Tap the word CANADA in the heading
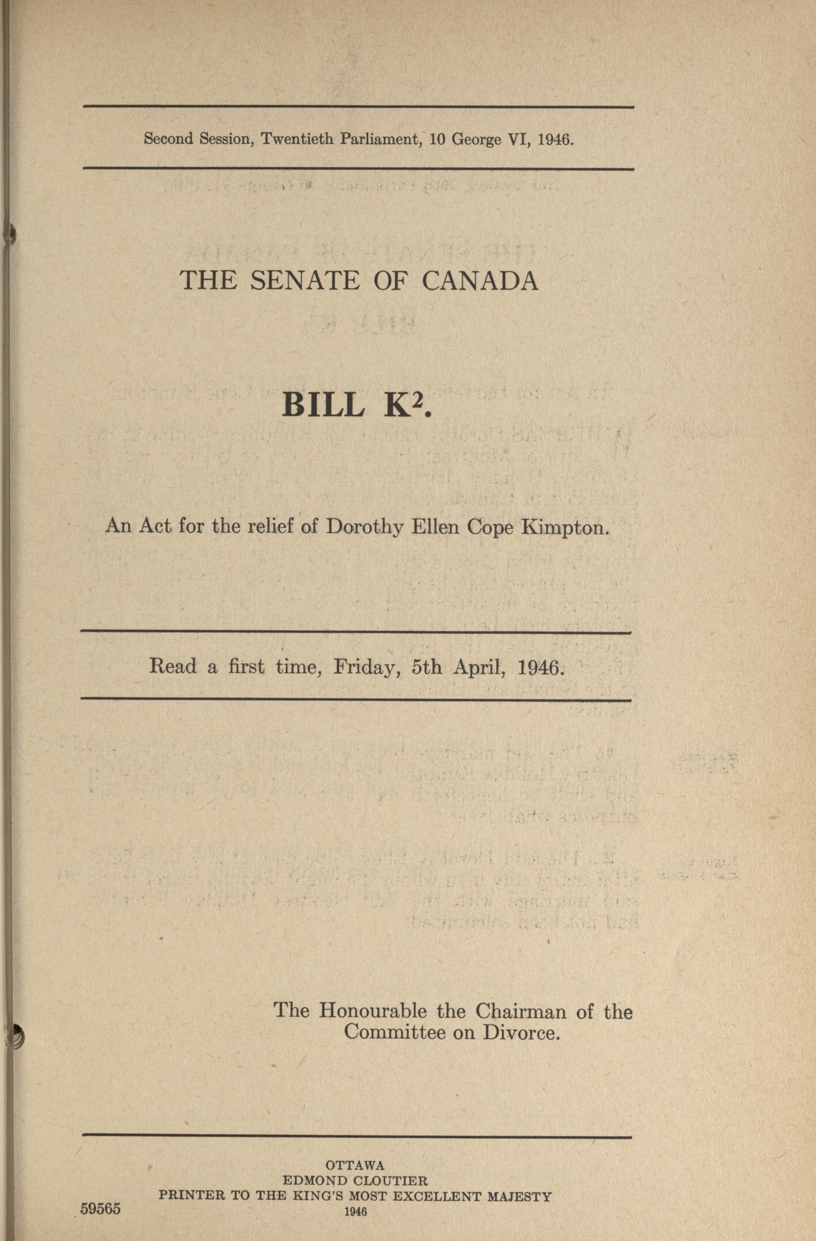[x=480, y=281]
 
